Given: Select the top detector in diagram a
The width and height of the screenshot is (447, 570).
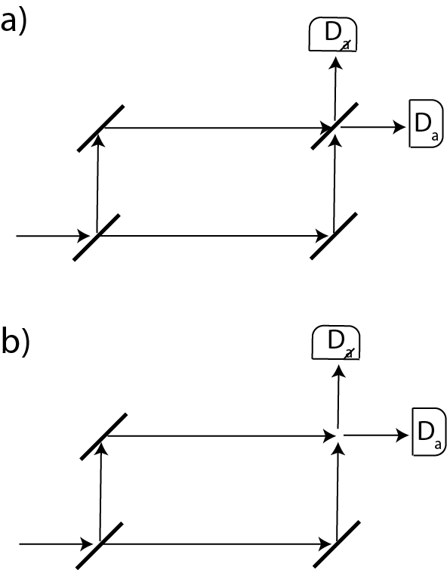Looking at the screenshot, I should [x=332, y=35].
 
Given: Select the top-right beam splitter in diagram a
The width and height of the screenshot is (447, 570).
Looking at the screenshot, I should [x=334, y=128].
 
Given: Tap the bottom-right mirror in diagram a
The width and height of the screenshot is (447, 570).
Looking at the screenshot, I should [x=334, y=237].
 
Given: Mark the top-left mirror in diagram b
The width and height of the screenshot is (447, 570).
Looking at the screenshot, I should [x=104, y=436].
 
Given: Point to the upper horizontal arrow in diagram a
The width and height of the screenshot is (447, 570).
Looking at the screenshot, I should [x=215, y=128].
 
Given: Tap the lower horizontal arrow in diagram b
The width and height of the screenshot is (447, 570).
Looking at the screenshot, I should [x=219, y=544].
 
